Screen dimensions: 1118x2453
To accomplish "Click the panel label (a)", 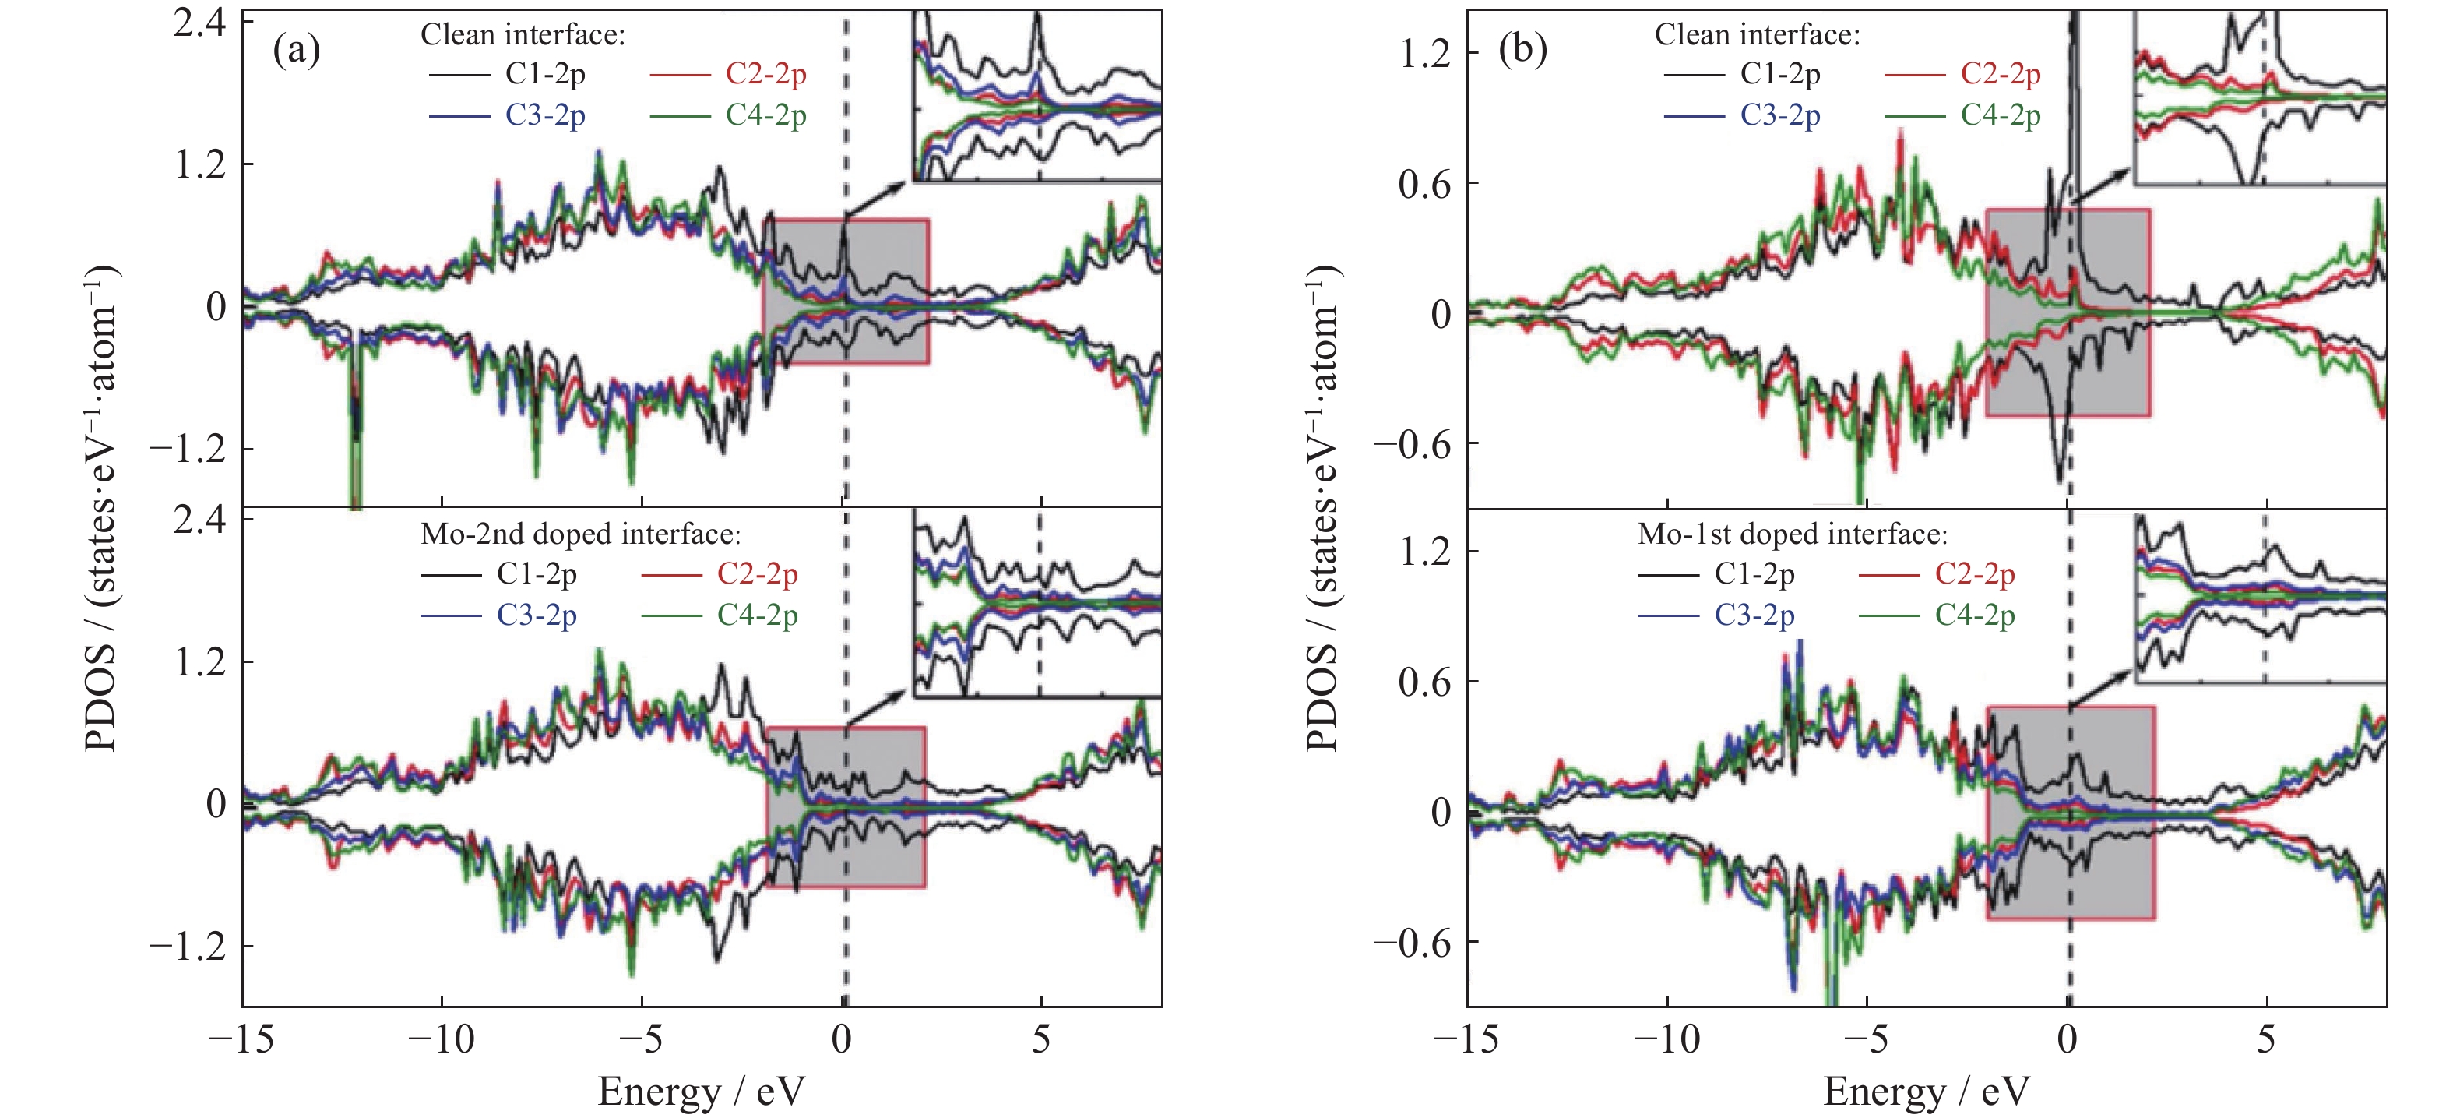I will (x=296, y=50).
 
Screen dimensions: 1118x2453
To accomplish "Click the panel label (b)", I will (x=1522, y=50).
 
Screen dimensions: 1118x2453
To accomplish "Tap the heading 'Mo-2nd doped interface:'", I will (x=580, y=534).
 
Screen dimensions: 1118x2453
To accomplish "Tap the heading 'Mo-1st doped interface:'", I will (x=1792, y=534).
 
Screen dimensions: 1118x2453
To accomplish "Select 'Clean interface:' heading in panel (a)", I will (x=523, y=35).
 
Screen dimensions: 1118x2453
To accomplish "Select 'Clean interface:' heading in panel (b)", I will (x=1757, y=35).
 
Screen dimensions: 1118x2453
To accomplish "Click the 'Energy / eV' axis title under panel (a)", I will (x=701, y=1092).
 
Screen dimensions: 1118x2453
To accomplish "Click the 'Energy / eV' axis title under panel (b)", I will (x=1927, y=1092).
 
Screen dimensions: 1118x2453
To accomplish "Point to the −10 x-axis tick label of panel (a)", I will (x=441, y=1039).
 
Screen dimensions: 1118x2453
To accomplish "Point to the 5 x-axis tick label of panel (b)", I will (x=2266, y=1039).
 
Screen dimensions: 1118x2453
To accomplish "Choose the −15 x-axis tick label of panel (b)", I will (x=1466, y=1039).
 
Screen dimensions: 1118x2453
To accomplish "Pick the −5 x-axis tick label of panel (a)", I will (x=641, y=1039).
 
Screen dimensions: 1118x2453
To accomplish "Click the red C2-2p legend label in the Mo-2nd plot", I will (x=757, y=574).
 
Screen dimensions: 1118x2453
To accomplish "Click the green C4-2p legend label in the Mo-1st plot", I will (x=1974, y=615).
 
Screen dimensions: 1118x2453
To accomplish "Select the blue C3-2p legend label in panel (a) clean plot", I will (x=544, y=115).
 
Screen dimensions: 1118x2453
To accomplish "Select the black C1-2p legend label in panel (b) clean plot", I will (x=1779, y=74).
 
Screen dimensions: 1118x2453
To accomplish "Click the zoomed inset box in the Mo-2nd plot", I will (x=1037, y=603).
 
